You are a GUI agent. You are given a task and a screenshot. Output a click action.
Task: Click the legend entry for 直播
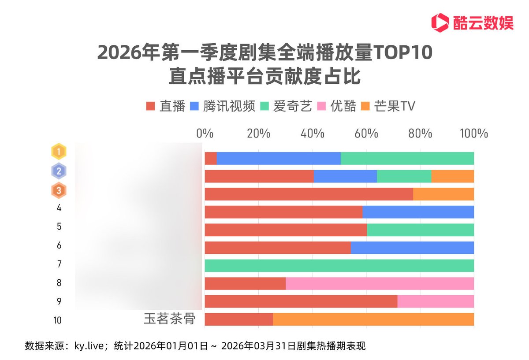click(166, 106)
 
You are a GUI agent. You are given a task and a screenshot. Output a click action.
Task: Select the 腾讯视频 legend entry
click(223, 106)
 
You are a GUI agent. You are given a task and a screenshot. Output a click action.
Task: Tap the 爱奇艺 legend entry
click(287, 106)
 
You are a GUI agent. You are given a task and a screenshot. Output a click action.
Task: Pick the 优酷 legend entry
click(337, 106)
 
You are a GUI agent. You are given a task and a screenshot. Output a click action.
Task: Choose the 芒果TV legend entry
click(388, 106)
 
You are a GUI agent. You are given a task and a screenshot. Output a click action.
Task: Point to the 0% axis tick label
click(205, 134)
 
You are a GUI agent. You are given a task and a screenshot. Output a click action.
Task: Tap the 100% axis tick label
click(474, 134)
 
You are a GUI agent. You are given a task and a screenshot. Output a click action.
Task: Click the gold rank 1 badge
click(59, 152)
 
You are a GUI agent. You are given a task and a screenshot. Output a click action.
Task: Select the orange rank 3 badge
click(59, 191)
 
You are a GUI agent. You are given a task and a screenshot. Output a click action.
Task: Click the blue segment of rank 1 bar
click(279, 158)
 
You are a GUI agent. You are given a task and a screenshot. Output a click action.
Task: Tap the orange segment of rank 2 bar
click(452, 176)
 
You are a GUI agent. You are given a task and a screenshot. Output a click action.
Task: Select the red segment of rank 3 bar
click(309, 194)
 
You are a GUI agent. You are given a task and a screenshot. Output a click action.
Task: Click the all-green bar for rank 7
click(339, 266)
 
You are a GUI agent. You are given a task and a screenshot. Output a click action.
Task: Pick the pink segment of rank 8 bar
click(380, 283)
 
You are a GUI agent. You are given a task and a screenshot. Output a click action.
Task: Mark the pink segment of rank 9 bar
click(436, 301)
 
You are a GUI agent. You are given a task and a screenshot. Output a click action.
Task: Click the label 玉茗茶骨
click(169, 319)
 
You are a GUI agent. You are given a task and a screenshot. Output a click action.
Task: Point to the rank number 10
click(57, 320)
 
